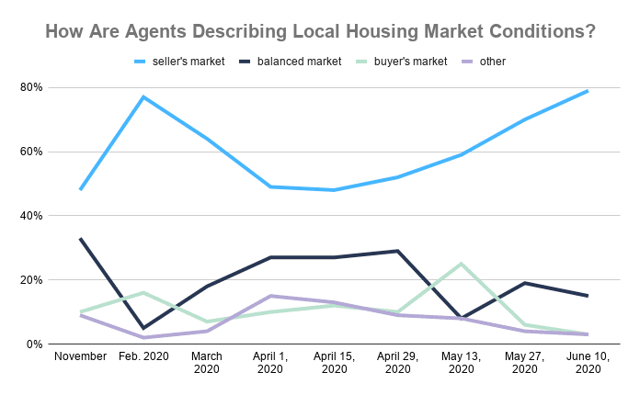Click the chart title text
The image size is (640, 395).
(320, 31)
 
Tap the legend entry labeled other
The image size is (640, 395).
(492, 62)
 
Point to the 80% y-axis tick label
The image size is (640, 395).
(31, 87)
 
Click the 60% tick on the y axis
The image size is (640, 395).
(31, 152)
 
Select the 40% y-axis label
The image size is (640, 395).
(31, 216)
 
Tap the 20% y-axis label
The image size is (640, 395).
(31, 280)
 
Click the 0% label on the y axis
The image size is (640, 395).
(35, 344)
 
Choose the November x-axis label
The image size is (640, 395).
(81, 356)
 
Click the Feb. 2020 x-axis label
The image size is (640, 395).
(144, 356)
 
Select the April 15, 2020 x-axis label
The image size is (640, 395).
(334, 363)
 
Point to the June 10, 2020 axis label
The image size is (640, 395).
(587, 363)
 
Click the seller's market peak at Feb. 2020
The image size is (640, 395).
(144, 96)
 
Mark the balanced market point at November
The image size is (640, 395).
(81, 238)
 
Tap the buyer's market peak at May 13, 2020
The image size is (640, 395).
(460, 264)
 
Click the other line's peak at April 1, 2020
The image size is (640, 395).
(270, 296)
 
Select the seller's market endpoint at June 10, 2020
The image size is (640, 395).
(587, 91)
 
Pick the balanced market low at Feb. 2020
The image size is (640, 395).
(144, 328)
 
